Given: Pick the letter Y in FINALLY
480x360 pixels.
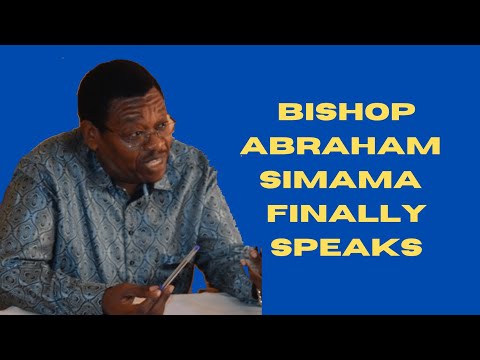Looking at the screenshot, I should (415, 212).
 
